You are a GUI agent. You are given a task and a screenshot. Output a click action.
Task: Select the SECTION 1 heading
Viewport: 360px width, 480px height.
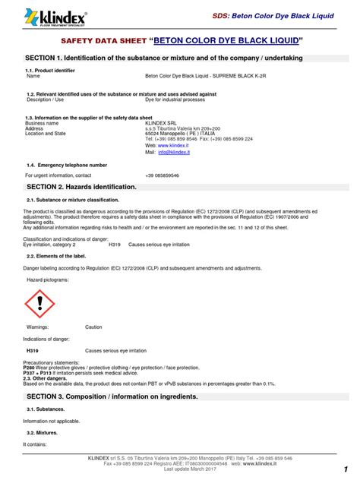[164, 58]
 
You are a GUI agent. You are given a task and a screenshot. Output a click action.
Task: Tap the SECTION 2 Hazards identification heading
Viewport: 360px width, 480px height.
[81, 186]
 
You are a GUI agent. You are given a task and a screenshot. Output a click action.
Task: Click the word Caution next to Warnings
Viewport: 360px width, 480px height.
[93, 327]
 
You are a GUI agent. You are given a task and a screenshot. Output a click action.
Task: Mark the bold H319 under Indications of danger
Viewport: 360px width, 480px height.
[33, 352]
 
